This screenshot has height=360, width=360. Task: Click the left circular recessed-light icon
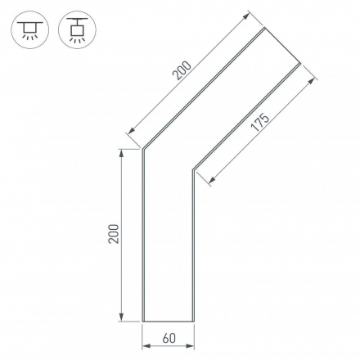[29, 29]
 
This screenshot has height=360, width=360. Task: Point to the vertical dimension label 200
[113, 234]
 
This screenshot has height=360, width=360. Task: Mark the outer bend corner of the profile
[143, 150]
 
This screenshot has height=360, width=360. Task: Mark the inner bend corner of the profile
[193, 170]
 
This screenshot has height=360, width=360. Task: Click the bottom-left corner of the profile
[143, 322]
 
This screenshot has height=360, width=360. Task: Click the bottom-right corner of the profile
[193, 322]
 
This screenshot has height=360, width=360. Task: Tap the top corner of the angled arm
[266, 29]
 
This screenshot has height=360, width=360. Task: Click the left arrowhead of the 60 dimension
[146, 345]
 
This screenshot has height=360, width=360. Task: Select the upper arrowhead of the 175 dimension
[315, 80]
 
